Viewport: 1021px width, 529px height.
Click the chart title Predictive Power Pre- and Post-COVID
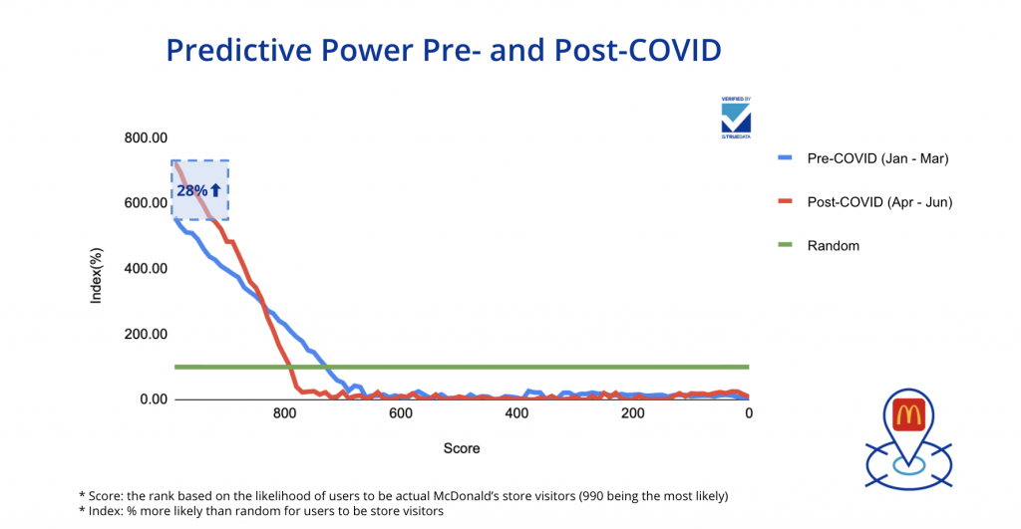click(443, 51)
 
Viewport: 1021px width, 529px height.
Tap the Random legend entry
click(833, 245)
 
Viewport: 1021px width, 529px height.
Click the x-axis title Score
click(462, 448)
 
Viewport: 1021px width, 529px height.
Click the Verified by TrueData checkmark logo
click(736, 117)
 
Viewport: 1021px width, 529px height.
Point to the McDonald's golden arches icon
click(907, 413)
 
